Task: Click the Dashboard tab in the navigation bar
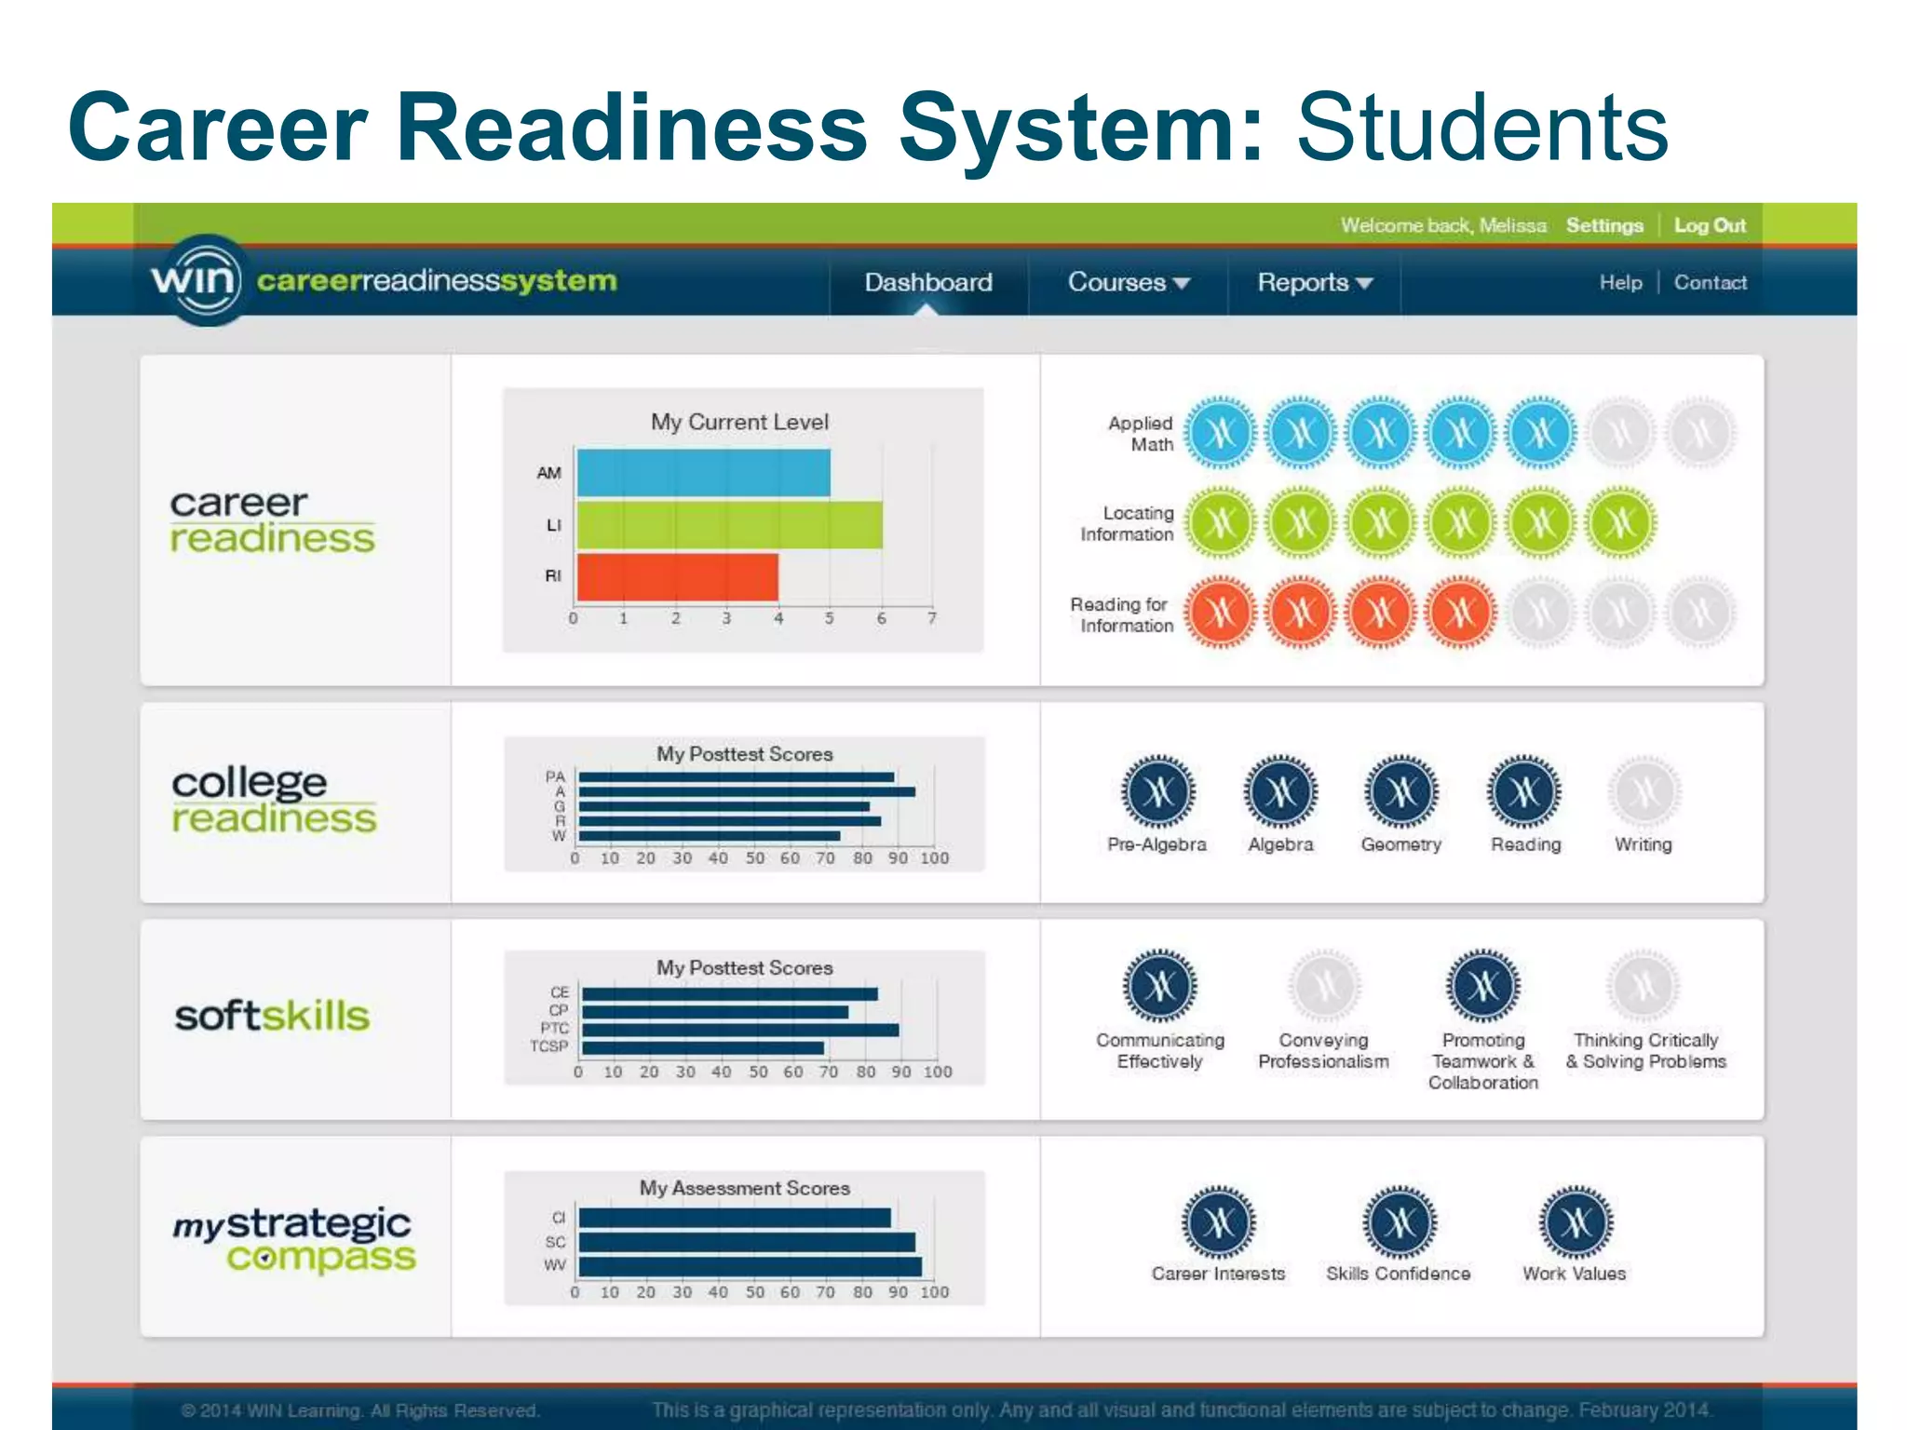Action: pyautogui.click(x=927, y=282)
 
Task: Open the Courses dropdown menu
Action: pyautogui.click(x=1128, y=282)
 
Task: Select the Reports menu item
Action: pyautogui.click(x=1314, y=282)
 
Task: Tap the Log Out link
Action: pyautogui.click(x=1710, y=225)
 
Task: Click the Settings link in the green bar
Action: pyautogui.click(x=1603, y=225)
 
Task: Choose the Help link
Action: pyautogui.click(x=1620, y=282)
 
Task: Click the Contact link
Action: pyautogui.click(x=1710, y=282)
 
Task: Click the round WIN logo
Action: pyautogui.click(x=196, y=279)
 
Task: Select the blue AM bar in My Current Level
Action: pyautogui.click(x=703, y=473)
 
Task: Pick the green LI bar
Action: pyautogui.click(x=729, y=525)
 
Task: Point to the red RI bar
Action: pyautogui.click(x=677, y=577)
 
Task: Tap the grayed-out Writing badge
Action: pyautogui.click(x=1643, y=793)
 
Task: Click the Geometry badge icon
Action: pyautogui.click(x=1400, y=793)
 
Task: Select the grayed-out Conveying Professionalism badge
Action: pyautogui.click(x=1323, y=986)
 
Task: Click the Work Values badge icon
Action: pyautogui.click(x=1575, y=1222)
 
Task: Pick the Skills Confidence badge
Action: pyautogui.click(x=1399, y=1222)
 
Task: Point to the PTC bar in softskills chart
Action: pyautogui.click(x=740, y=1030)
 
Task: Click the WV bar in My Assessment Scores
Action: pyautogui.click(x=750, y=1266)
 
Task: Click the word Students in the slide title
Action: pyautogui.click(x=1481, y=128)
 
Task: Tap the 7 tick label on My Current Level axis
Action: pyautogui.click(x=931, y=618)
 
